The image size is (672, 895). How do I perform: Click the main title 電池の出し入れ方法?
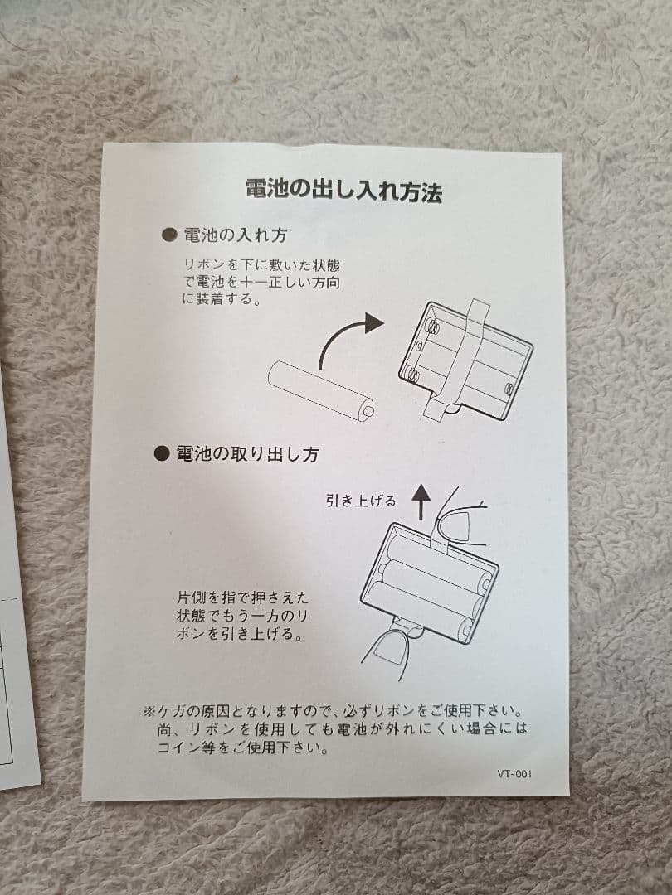343,190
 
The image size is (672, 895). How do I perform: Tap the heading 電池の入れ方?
235,235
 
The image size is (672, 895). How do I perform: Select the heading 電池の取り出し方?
246,454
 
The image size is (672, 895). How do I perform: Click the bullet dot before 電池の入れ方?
168,235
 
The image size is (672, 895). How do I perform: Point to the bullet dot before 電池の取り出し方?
163,454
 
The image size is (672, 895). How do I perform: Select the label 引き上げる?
361,501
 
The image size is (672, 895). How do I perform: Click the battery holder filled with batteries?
430,580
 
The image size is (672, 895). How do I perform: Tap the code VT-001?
514,775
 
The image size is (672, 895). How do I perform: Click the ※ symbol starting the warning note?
149,712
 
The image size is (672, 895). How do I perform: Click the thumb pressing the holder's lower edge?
386,651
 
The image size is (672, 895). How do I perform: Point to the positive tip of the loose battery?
368,408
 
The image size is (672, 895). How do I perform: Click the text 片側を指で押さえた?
242,597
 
